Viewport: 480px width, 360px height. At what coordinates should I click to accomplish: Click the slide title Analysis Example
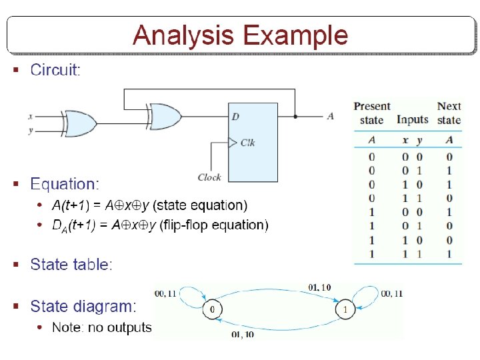[240, 35]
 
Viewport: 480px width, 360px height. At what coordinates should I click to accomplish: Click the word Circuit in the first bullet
[54, 69]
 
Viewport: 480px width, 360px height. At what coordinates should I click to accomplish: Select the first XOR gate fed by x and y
[77, 123]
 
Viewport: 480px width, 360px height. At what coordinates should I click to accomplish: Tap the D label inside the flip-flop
[235, 117]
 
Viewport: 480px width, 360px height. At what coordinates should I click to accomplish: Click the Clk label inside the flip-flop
[247, 142]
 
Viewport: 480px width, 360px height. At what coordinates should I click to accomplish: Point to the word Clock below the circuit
[209, 177]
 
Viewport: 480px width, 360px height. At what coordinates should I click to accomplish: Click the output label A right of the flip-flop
[330, 116]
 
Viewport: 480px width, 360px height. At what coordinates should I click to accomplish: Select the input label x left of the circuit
[30, 116]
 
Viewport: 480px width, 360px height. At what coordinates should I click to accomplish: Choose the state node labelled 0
[212, 310]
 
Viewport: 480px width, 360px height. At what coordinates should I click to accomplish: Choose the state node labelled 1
[345, 310]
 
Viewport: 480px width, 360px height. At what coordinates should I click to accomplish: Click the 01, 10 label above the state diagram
[319, 287]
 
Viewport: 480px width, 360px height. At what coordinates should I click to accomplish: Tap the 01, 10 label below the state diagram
[242, 334]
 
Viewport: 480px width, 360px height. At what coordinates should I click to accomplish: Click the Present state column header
[371, 113]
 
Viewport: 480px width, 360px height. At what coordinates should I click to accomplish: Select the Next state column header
[449, 113]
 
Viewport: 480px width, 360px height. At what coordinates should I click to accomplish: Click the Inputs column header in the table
[412, 120]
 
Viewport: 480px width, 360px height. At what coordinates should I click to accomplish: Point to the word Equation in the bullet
[64, 184]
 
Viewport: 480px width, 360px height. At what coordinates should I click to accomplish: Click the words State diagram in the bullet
[83, 307]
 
